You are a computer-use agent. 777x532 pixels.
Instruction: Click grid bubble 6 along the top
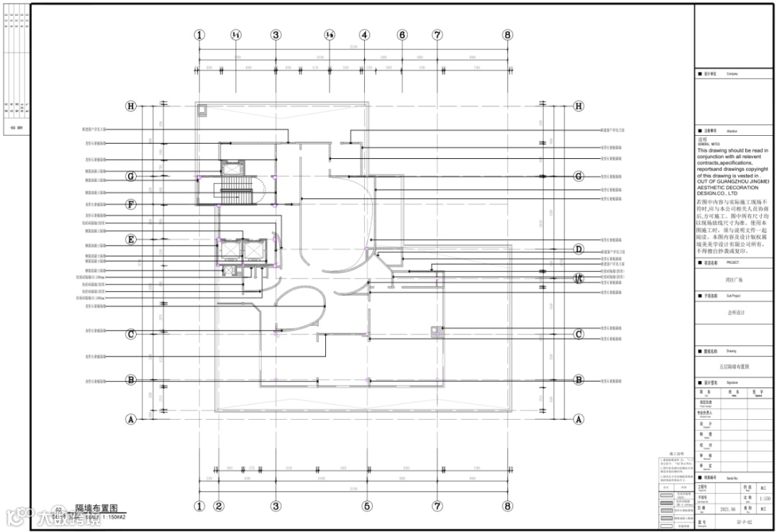coord(402,35)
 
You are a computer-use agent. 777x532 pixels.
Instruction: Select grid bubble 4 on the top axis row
coord(365,35)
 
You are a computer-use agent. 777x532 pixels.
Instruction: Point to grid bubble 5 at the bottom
coord(367,505)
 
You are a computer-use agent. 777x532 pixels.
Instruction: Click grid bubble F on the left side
coord(131,204)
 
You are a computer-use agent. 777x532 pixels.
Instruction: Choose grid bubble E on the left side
coord(131,239)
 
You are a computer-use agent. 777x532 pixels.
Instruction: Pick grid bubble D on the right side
coord(578,249)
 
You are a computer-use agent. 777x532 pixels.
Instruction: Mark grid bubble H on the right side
coord(578,106)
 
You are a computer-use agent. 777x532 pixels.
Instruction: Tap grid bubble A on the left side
coord(131,418)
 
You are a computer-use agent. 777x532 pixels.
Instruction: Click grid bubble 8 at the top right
coord(507,35)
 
